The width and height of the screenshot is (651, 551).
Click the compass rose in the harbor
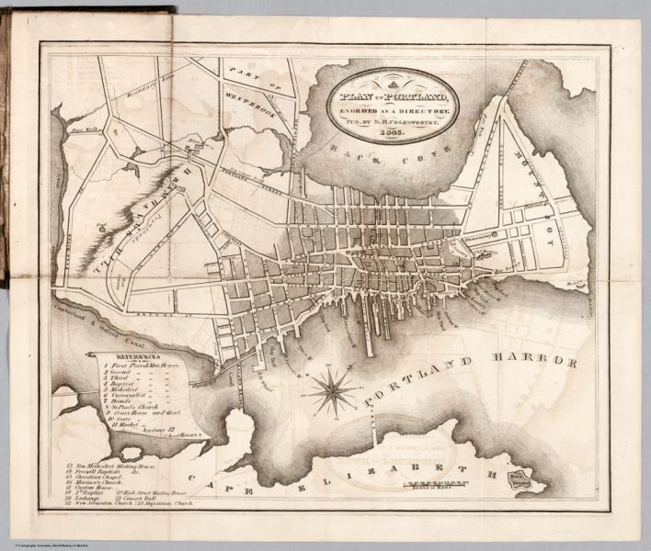(x=333, y=391)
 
